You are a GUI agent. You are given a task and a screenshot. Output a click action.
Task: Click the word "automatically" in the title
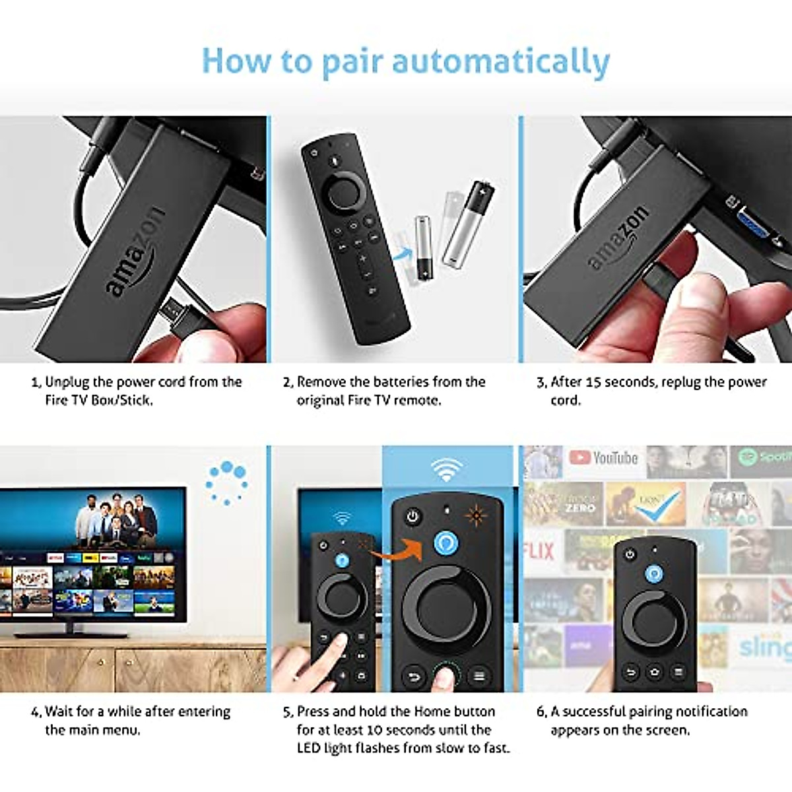pos(501,61)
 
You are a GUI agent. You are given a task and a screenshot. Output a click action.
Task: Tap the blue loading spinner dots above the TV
pos(226,482)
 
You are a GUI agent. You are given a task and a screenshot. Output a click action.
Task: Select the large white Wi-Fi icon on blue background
pos(447,469)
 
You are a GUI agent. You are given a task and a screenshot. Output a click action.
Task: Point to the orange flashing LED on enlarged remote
pos(475,515)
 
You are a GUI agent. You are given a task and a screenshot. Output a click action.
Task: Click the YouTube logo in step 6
pos(604,457)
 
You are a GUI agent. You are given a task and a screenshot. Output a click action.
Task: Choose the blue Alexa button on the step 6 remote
pos(653,574)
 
